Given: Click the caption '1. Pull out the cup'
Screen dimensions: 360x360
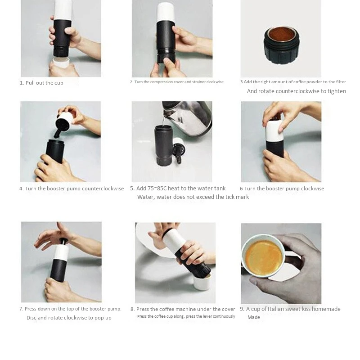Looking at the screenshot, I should pos(41,83).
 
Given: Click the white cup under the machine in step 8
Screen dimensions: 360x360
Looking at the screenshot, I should pos(202,283).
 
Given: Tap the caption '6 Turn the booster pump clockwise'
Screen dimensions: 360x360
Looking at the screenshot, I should pos(282,189).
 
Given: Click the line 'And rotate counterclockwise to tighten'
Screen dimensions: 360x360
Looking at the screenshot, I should pos(296,91).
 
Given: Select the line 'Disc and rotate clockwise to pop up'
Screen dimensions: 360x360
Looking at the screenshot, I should pos(69,318).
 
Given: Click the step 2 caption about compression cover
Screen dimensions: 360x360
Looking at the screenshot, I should pos(176,82).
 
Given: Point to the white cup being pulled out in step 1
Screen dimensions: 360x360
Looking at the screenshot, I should pos(61,63).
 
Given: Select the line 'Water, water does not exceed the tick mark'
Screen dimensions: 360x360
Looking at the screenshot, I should pos(193,197).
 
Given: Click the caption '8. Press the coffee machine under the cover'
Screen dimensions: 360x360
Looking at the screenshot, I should pos(183,309).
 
